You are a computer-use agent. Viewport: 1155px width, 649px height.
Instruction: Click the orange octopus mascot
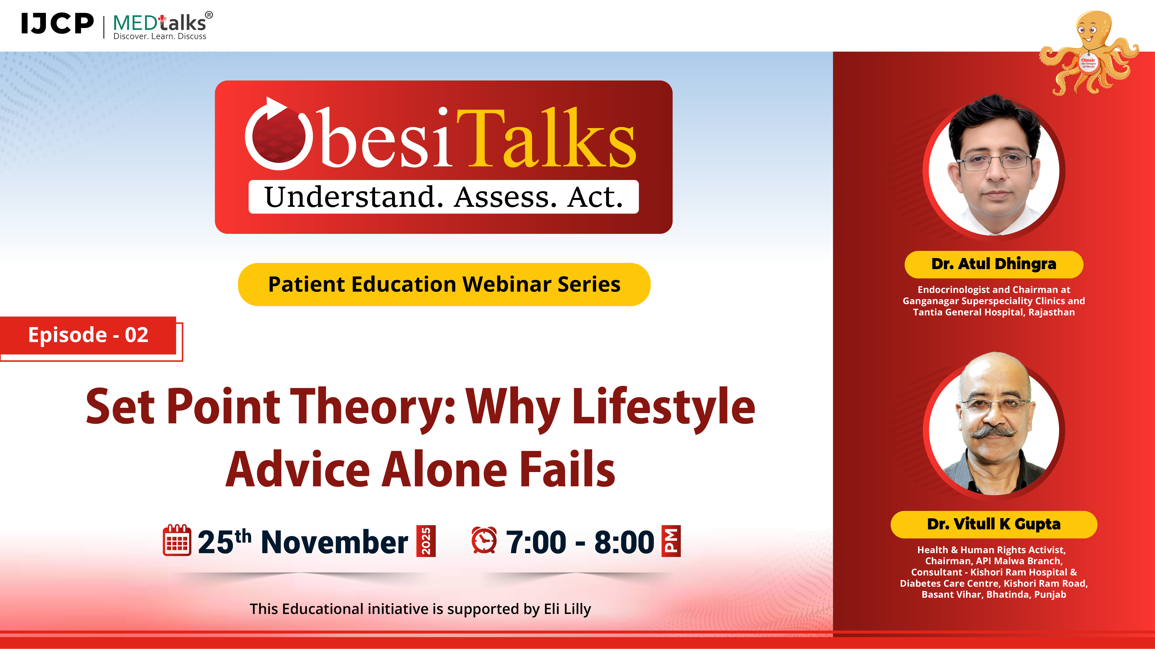1090,53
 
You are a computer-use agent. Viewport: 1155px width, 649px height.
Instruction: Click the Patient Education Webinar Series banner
444,284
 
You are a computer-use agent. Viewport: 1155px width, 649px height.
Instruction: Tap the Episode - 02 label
88,335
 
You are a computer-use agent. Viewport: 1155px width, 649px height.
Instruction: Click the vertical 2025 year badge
426,541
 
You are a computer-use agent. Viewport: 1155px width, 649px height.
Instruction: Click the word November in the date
334,542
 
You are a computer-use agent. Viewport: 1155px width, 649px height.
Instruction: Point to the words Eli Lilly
567,609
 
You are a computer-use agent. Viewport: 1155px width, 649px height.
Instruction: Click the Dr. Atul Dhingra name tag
994,264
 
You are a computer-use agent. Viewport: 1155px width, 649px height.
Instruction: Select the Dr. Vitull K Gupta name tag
994,524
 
